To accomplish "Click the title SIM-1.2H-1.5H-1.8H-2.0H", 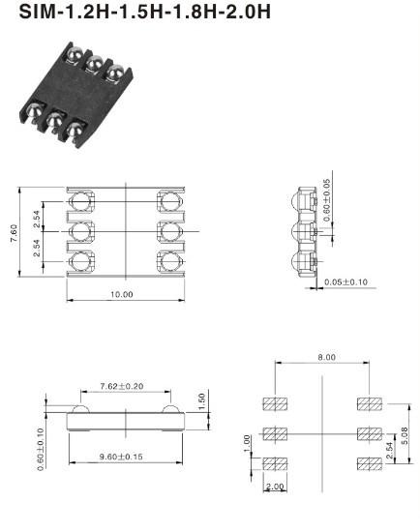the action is click(x=144, y=12).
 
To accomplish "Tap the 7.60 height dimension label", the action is click(x=14, y=233).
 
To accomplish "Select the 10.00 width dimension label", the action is click(x=122, y=294).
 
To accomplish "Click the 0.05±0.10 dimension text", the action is click(x=345, y=281).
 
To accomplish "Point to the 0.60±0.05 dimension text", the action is click(x=326, y=200).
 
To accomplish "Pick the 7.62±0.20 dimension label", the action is click(x=122, y=386).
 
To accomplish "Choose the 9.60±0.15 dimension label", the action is click(x=121, y=457).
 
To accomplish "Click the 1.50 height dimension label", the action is click(x=202, y=401).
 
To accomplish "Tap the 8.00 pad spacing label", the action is click(x=327, y=357).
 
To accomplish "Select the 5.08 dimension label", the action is click(x=405, y=436).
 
